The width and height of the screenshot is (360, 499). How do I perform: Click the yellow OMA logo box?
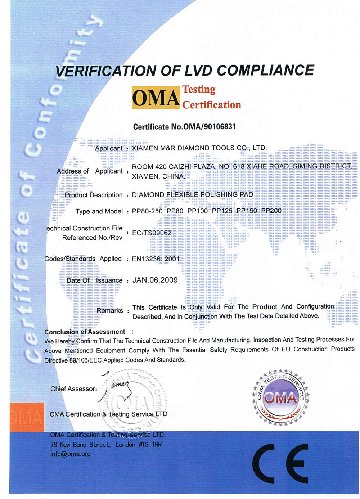(156, 98)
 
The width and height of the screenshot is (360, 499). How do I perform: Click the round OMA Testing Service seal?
(280, 396)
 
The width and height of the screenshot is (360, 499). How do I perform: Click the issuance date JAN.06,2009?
(155, 280)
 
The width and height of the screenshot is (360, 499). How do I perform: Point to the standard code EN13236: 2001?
(156, 259)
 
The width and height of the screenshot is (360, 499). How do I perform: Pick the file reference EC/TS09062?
(152, 233)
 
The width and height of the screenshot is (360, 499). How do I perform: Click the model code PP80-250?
(147, 211)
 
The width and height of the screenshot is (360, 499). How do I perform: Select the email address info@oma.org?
(71, 454)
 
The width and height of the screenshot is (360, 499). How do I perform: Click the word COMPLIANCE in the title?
(266, 70)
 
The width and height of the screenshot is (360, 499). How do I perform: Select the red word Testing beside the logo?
(199, 89)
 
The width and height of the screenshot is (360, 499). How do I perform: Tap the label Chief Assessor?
(74, 389)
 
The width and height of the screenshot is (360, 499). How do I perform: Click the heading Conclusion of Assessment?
(85, 332)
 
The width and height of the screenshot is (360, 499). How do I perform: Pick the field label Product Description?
(94, 195)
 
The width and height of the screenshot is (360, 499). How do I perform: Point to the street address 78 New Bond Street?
(80, 445)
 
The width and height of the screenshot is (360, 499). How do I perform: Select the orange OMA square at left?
(27, 417)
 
